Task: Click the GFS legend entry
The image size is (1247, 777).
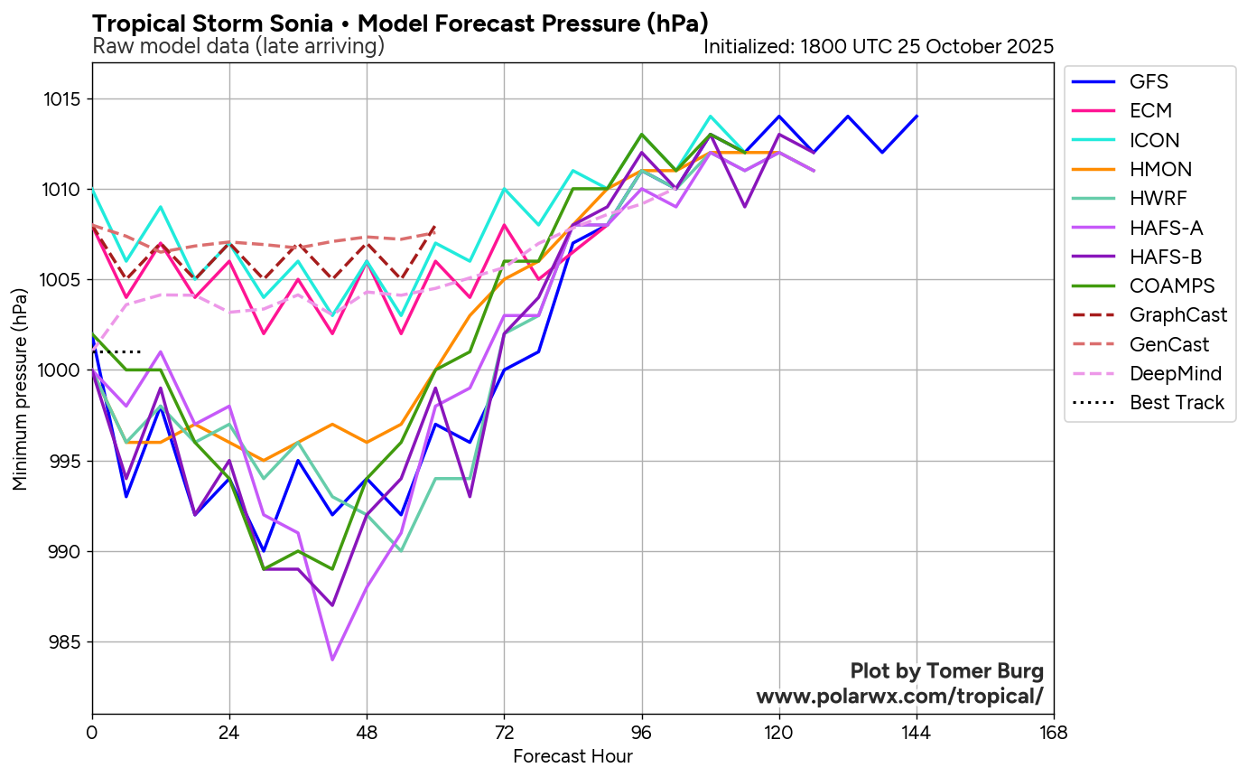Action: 1149,81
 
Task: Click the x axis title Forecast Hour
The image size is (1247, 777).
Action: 572,756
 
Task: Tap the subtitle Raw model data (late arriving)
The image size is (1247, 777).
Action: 238,46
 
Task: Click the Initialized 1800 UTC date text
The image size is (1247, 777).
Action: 878,46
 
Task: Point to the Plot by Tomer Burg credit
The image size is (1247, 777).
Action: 946,671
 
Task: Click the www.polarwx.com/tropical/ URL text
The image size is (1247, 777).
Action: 899,697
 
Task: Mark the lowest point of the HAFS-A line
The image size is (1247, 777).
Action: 332,660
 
